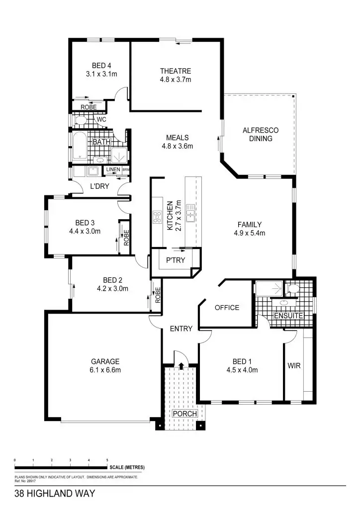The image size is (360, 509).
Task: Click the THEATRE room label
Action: tap(175, 71)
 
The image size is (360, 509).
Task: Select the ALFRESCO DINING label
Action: tap(261, 135)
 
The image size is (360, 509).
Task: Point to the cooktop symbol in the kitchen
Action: tap(158, 216)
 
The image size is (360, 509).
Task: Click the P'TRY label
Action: tap(176, 260)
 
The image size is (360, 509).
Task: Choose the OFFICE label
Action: tap(227, 308)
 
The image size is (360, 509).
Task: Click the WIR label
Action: tap(293, 365)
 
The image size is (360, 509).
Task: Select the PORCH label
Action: tap(185, 414)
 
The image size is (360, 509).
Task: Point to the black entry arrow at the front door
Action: tap(180, 366)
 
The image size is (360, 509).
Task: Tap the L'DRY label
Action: tap(99, 186)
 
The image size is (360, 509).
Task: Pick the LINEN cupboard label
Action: tap(113, 170)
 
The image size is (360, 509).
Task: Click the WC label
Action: tap(101, 120)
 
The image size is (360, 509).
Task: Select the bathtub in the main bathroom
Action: tap(80, 147)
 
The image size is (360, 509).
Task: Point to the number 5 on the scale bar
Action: tap(107, 461)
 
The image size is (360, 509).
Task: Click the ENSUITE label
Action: tap(288, 316)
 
